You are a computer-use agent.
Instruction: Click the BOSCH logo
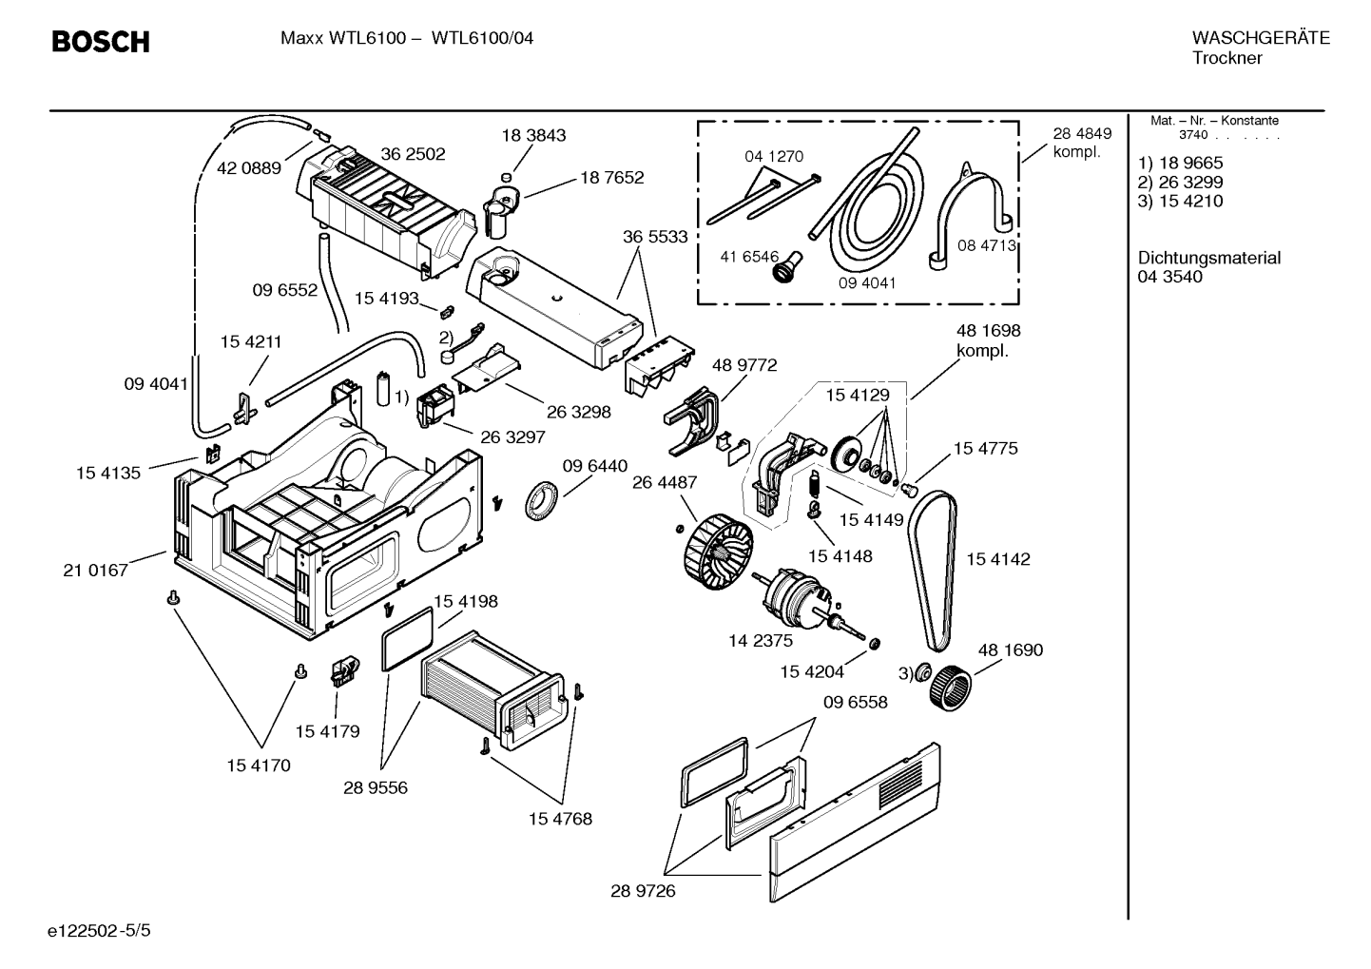click(101, 42)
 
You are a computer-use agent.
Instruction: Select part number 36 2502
click(414, 154)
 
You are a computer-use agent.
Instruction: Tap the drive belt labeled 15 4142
click(932, 571)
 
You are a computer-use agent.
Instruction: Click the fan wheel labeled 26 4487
click(718, 552)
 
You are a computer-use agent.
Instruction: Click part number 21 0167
click(95, 570)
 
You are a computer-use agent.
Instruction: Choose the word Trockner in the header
click(1226, 58)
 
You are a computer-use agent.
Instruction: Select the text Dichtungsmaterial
click(1208, 257)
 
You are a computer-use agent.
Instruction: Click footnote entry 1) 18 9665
click(1180, 163)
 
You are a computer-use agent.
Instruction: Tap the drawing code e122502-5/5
click(99, 930)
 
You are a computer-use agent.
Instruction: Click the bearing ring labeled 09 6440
click(541, 500)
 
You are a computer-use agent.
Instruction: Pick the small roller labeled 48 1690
click(950, 687)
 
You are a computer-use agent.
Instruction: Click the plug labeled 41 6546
click(788, 266)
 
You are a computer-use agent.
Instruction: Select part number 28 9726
click(643, 891)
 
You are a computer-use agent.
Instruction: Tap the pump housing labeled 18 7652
click(501, 210)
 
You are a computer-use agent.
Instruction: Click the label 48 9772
click(744, 365)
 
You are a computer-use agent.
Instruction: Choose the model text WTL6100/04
click(482, 38)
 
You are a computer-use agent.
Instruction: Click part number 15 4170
click(259, 766)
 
